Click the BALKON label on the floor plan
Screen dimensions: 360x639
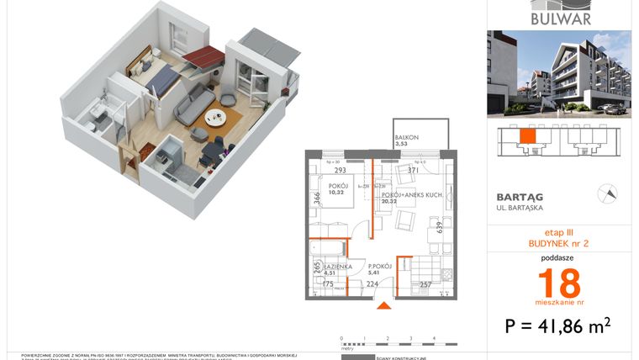click(x=407, y=138)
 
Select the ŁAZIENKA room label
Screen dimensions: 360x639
click(x=325, y=267)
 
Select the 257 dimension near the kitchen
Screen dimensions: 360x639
click(x=426, y=284)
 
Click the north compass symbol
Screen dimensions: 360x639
click(x=607, y=193)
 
